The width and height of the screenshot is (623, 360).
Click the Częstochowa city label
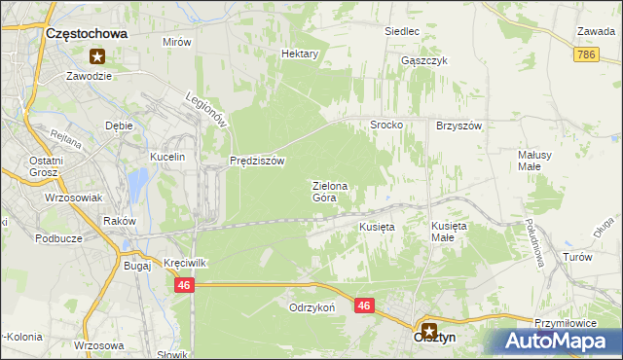(x=88, y=33)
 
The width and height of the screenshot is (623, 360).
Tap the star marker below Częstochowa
(x=97, y=56)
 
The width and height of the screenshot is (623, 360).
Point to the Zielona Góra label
(x=324, y=191)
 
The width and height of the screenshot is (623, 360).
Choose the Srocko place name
(x=386, y=126)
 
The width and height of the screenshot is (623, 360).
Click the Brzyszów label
(x=459, y=126)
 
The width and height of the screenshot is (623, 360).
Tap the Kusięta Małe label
(x=450, y=231)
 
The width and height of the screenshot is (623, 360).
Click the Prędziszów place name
(x=256, y=162)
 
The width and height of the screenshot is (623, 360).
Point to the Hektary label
(x=300, y=54)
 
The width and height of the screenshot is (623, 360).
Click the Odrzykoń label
(x=311, y=306)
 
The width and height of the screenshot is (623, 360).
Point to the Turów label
(x=578, y=257)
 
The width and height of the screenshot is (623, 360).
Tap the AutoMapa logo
(x=560, y=342)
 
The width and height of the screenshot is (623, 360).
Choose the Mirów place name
(x=176, y=43)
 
